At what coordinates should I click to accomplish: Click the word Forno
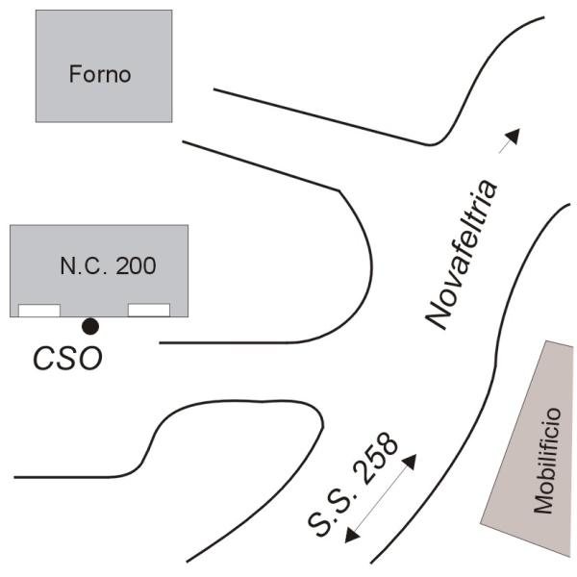coord(99,74)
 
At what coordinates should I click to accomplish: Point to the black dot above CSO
coord(89,325)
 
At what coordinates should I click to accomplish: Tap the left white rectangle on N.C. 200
coord(40,310)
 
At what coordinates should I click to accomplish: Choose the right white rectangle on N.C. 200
coord(149,310)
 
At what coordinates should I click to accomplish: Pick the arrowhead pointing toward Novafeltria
coord(513,135)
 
